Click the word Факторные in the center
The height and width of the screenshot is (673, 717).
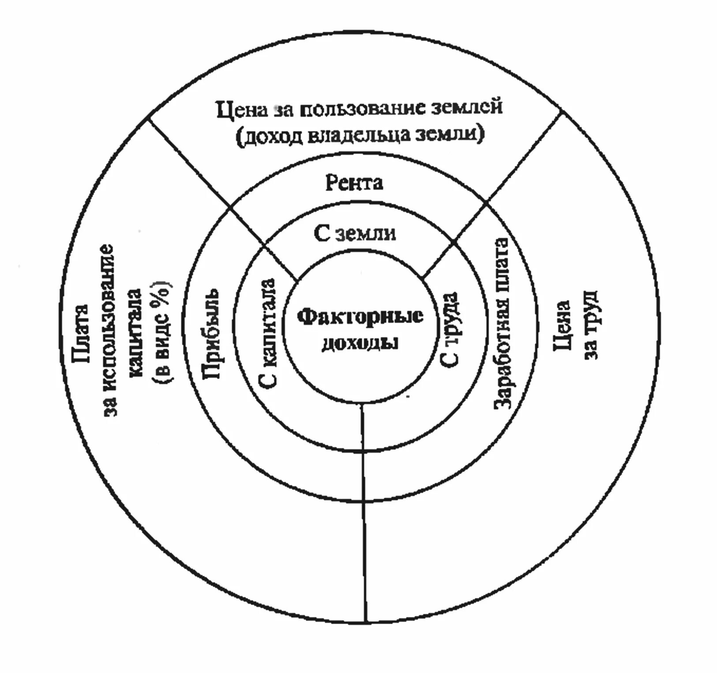click(x=360, y=316)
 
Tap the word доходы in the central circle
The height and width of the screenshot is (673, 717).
click(x=360, y=343)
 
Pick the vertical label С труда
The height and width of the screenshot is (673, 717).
click(x=451, y=329)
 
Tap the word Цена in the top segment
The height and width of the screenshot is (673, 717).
click(x=242, y=110)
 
